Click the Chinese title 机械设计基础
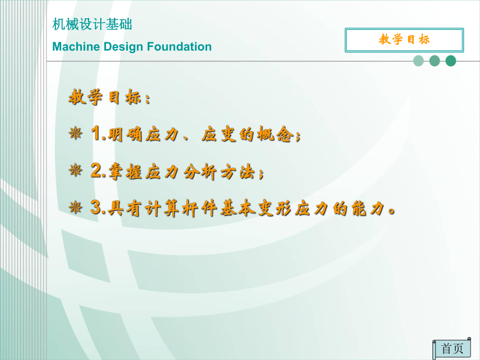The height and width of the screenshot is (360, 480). pyautogui.click(x=92, y=25)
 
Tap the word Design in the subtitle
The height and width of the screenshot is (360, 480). pyautogui.click(x=123, y=47)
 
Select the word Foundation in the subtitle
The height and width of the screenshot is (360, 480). pyautogui.click(x=179, y=47)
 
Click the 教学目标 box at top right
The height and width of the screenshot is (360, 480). pyautogui.click(x=404, y=40)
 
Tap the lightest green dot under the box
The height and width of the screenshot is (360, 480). pyautogui.click(x=418, y=61)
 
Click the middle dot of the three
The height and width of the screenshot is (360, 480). pyautogui.click(x=435, y=61)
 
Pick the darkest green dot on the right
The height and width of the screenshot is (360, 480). pyautogui.click(x=451, y=61)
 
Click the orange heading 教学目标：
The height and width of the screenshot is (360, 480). pyautogui.click(x=110, y=98)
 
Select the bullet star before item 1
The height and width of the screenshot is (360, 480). pyautogui.click(x=76, y=135)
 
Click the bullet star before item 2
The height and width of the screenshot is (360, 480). pyautogui.click(x=76, y=171)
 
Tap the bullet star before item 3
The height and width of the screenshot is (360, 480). pyautogui.click(x=76, y=208)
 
